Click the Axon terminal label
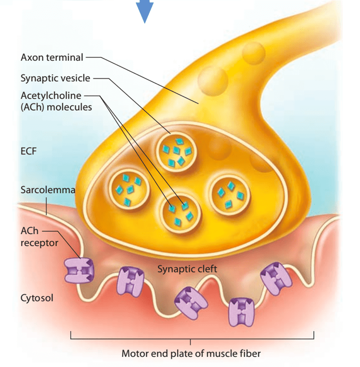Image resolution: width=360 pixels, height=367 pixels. point(52,57)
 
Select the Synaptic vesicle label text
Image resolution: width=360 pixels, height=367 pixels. point(55,78)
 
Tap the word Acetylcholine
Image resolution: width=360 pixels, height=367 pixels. point(51,96)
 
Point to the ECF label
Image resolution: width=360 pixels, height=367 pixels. point(28,151)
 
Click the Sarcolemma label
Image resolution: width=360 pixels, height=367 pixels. point(48,190)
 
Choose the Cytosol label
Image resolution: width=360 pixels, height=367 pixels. point(37,298)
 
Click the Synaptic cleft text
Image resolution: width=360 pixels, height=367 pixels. point(187,269)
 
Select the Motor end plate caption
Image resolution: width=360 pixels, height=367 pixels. point(191,354)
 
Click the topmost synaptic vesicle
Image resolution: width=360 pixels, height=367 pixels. point(176,152)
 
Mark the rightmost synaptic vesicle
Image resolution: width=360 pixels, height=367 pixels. point(230,195)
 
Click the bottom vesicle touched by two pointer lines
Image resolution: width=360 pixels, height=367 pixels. point(180,214)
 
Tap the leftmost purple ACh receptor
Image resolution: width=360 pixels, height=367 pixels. point(79,271)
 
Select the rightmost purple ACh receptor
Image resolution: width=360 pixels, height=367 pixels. point(276,278)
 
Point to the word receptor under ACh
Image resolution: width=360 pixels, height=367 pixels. point(39,243)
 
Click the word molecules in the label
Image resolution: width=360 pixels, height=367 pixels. point(69,107)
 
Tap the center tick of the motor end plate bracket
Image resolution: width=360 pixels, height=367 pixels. point(190,342)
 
